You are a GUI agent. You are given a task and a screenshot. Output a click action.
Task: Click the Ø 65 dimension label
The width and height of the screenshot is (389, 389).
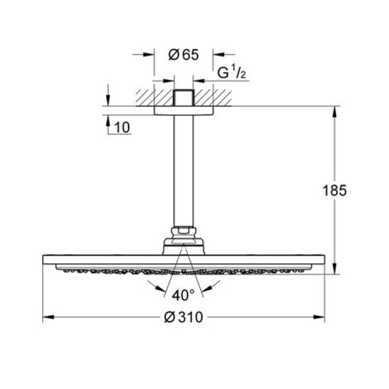183,54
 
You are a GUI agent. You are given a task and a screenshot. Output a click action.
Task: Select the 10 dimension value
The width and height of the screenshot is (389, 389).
123,127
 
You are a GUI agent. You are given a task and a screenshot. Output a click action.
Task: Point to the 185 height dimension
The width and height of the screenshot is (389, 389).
335,191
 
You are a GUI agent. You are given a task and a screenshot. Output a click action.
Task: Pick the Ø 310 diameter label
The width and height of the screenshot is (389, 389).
183,318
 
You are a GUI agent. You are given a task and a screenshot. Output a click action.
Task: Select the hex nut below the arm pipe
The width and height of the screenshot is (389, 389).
183,229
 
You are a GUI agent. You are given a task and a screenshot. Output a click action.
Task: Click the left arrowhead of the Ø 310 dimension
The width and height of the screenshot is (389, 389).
48,318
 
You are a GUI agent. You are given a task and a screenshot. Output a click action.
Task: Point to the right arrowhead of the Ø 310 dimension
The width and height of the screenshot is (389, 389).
320,318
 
